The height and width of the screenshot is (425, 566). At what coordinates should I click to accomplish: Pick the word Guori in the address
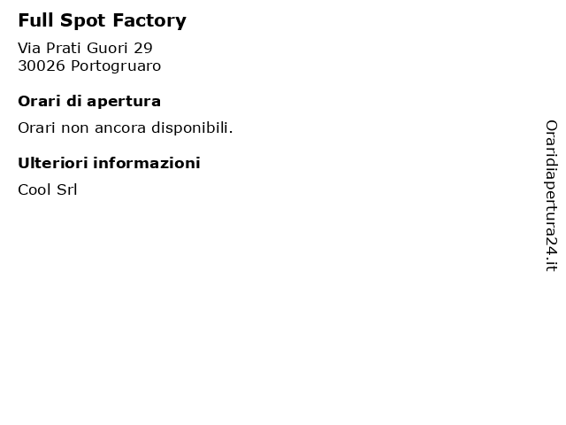click(x=107, y=48)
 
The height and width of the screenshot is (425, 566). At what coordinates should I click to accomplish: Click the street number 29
click(x=143, y=48)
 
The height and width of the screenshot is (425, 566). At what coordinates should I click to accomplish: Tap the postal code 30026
click(x=42, y=66)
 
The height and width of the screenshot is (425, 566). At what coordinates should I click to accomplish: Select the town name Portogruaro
click(x=116, y=66)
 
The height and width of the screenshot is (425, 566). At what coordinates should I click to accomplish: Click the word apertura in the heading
click(x=124, y=102)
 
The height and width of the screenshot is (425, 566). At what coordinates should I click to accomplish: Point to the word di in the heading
click(x=73, y=101)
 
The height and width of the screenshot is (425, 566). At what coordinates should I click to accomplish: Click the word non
click(x=74, y=128)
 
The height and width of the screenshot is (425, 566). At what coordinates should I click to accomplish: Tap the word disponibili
click(x=192, y=128)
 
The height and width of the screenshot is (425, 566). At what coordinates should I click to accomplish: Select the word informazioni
click(x=147, y=163)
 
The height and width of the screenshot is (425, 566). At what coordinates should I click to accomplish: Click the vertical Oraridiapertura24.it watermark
click(x=551, y=196)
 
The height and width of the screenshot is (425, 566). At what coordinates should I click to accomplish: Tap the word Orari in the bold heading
click(x=39, y=101)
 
